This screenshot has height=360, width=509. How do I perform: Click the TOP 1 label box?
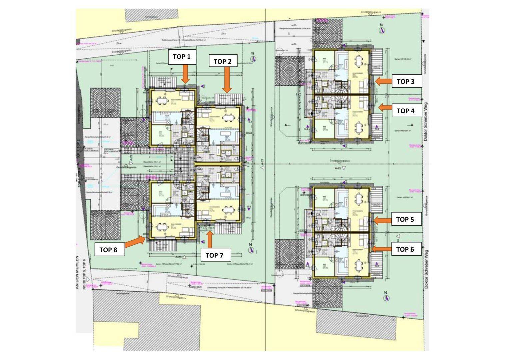(x=182, y=57)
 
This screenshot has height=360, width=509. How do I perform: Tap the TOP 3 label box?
(x=405, y=81)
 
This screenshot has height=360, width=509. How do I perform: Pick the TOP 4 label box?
(x=405, y=111)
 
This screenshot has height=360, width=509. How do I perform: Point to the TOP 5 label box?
(x=405, y=219)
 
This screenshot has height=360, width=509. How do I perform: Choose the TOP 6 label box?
(x=405, y=249)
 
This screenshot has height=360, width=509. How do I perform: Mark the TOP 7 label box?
(x=214, y=255)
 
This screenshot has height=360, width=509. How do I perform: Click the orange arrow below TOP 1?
(x=186, y=73)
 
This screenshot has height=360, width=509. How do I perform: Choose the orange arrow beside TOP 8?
(x=135, y=242)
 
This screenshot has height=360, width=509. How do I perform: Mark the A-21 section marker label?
(x=262, y=162)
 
